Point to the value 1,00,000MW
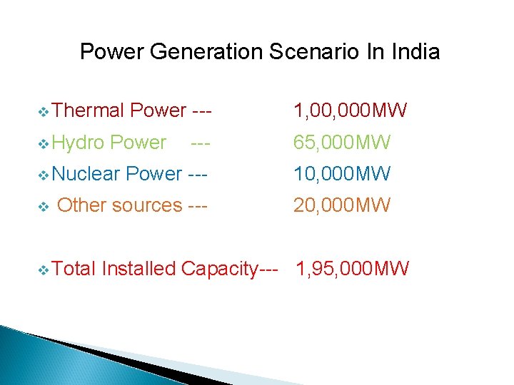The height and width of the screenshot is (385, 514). (x=351, y=111)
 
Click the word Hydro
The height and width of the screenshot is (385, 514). (x=79, y=143)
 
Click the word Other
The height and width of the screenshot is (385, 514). (x=81, y=205)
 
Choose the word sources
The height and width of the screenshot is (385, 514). (x=147, y=205)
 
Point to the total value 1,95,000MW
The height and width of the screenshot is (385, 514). (x=353, y=269)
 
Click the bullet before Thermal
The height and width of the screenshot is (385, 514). (x=44, y=111)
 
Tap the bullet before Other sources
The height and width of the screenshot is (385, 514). (x=44, y=206)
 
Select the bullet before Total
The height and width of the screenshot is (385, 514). (x=44, y=269)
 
